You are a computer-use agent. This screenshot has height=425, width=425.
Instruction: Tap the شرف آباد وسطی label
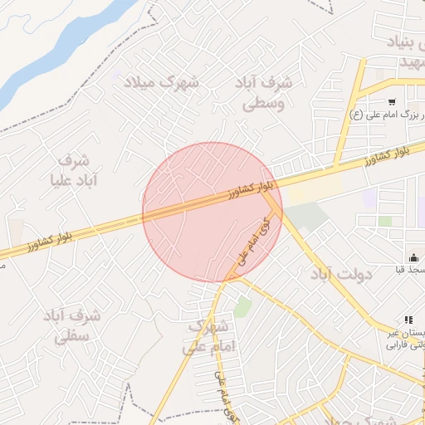tap(264, 94)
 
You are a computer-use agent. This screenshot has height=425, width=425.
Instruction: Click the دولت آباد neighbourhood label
tap(345, 273)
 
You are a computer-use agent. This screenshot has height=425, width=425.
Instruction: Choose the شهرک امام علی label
tap(209, 335)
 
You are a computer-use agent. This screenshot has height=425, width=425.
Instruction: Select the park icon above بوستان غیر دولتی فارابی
tap(408, 320)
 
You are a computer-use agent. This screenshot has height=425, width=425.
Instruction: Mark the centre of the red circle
tap(212, 212)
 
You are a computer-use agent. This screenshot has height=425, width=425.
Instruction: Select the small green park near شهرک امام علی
tap(242, 307)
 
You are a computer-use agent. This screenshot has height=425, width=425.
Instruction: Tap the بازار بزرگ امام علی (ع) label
tap(390, 115)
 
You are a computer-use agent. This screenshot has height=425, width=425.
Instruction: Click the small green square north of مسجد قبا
tap(385, 221)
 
